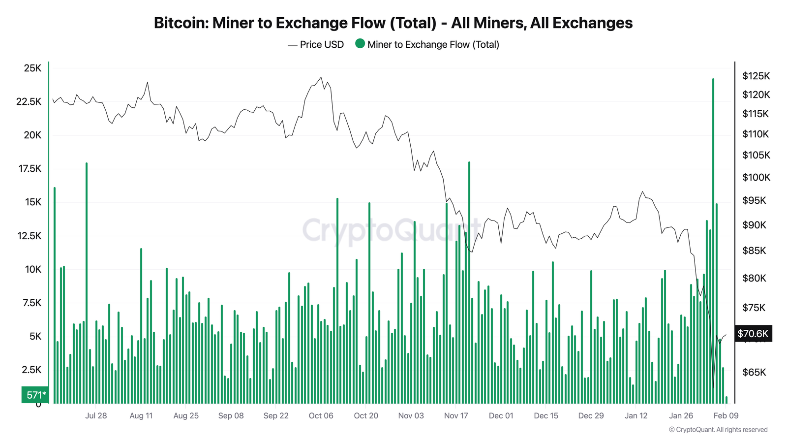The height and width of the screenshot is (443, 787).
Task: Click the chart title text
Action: pos(393,23)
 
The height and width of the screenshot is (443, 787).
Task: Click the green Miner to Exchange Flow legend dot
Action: pos(360,44)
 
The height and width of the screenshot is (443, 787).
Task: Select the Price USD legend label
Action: pos(322,45)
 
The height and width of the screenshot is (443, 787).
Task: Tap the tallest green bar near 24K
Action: pos(713,241)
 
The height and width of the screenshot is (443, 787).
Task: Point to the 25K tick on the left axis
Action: pos(32,68)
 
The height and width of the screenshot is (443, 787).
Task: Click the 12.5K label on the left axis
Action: pos(30,236)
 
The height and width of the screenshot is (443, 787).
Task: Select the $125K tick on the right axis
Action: pos(756,76)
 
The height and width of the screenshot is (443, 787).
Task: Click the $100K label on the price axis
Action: pos(756,177)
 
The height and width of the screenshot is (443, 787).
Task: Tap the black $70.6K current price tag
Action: pos(753,333)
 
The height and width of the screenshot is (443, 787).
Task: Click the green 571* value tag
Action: pos(35,395)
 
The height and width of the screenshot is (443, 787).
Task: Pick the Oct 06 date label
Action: pos(321,415)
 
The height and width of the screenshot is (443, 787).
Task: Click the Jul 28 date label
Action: pos(96,415)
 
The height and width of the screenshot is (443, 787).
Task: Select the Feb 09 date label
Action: pos(726,415)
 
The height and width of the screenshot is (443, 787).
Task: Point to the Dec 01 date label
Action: pos(501,415)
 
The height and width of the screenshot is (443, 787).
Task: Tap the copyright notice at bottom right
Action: pos(718,430)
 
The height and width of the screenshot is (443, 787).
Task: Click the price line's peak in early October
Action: pos(320,77)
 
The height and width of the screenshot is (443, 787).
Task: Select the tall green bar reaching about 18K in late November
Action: pos(469,283)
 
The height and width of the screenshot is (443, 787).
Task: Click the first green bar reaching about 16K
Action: pos(55,295)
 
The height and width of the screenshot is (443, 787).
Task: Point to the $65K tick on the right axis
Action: pos(754,372)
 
